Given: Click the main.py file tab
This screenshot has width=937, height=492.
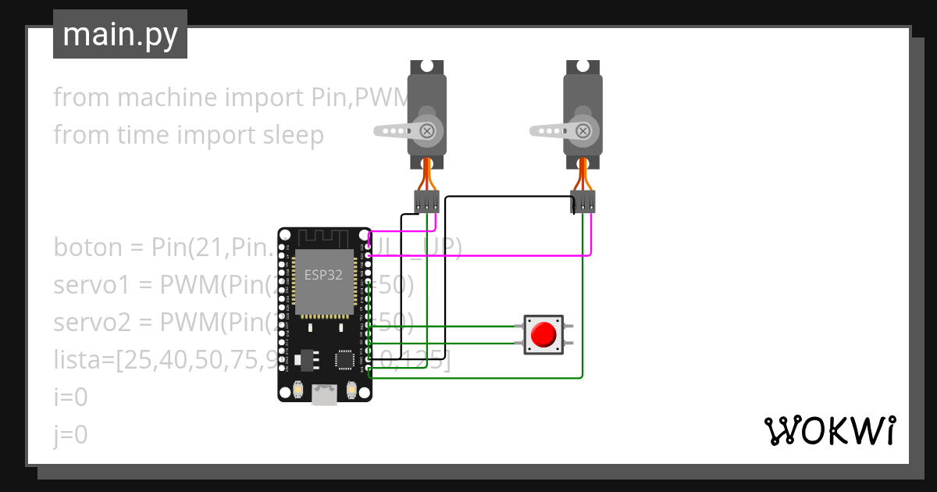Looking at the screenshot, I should click(x=120, y=35).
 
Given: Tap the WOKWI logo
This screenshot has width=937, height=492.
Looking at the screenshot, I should click(x=828, y=430).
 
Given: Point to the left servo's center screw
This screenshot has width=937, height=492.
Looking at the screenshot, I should click(x=427, y=130).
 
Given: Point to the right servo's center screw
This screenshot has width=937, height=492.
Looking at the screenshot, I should click(x=583, y=130).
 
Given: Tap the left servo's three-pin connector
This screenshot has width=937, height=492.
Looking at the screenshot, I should click(x=427, y=201).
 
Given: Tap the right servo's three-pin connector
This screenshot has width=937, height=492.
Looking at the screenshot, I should click(x=583, y=201).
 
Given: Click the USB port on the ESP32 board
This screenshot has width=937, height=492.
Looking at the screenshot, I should click(x=325, y=395).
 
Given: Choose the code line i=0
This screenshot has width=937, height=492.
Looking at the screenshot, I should click(x=70, y=398).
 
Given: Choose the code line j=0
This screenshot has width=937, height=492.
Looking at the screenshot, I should click(x=70, y=435).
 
